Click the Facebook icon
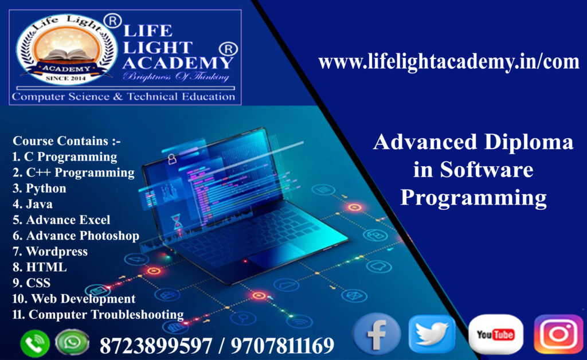click(376, 335)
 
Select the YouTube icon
click(495, 335)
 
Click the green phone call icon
click(34, 344)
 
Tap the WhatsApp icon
click(72, 343)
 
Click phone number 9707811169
click(284, 346)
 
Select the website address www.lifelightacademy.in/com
click(449, 61)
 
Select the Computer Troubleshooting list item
click(98, 314)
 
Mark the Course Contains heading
click(67, 141)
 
